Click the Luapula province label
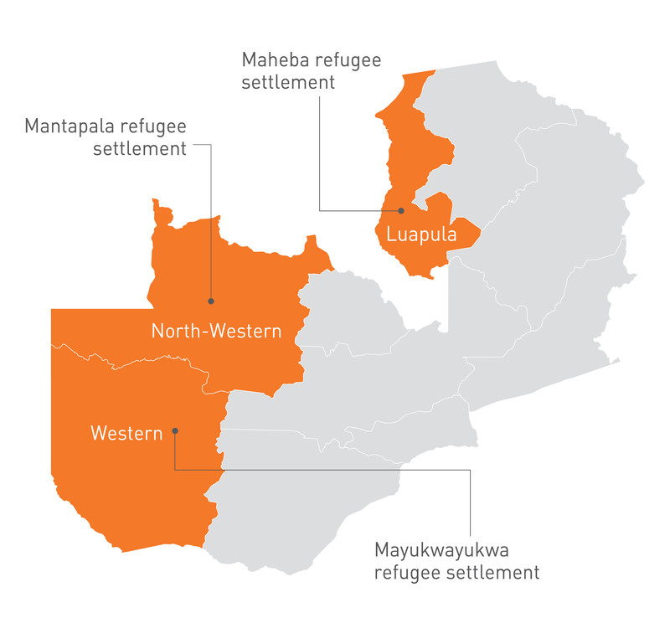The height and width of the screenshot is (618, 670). (421, 235)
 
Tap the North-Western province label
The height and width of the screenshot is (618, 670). (216, 331)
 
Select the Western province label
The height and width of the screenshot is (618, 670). (126, 434)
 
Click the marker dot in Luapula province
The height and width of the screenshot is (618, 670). (401, 211)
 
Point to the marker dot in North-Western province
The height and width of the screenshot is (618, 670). (210, 301)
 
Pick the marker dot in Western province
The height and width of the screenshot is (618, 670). (175, 431)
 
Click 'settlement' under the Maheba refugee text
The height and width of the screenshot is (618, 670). (288, 83)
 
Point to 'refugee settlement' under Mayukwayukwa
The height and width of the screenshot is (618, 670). (456, 573)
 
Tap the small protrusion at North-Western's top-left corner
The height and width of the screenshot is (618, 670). (155, 203)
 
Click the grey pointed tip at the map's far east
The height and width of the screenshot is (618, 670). (619, 361)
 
